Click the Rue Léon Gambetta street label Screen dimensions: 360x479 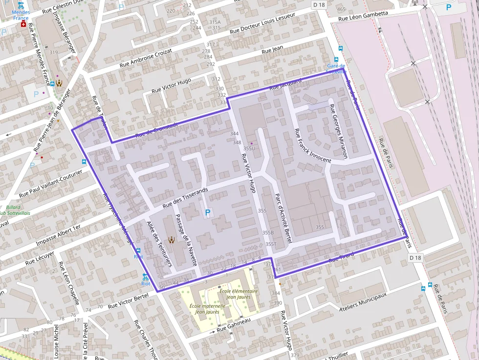363,16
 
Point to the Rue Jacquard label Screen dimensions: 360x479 285,84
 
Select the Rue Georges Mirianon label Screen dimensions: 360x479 338,131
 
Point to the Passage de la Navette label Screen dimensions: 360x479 186,239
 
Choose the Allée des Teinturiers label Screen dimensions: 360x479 159,244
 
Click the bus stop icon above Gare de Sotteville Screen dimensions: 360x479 341,48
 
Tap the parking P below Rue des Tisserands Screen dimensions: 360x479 208,212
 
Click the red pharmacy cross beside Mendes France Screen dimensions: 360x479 23,23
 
